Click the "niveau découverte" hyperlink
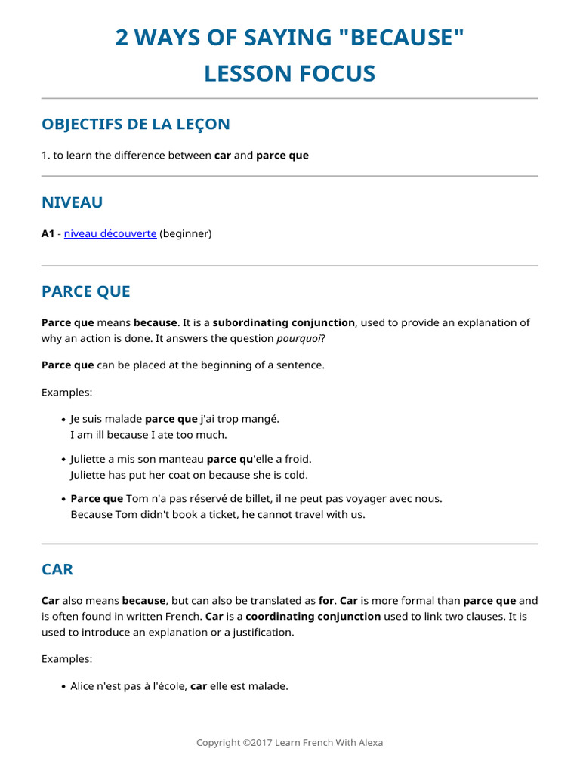110,234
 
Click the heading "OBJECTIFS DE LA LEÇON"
136,124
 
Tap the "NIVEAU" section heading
72,202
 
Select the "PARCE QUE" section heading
86,291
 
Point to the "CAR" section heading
57,569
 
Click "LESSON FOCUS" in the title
289,73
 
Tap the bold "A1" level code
48,234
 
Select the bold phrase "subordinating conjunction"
283,323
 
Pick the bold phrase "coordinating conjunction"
313,617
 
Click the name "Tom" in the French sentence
137,499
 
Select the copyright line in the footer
289,743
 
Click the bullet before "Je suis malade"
62,419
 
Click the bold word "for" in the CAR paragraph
326,601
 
